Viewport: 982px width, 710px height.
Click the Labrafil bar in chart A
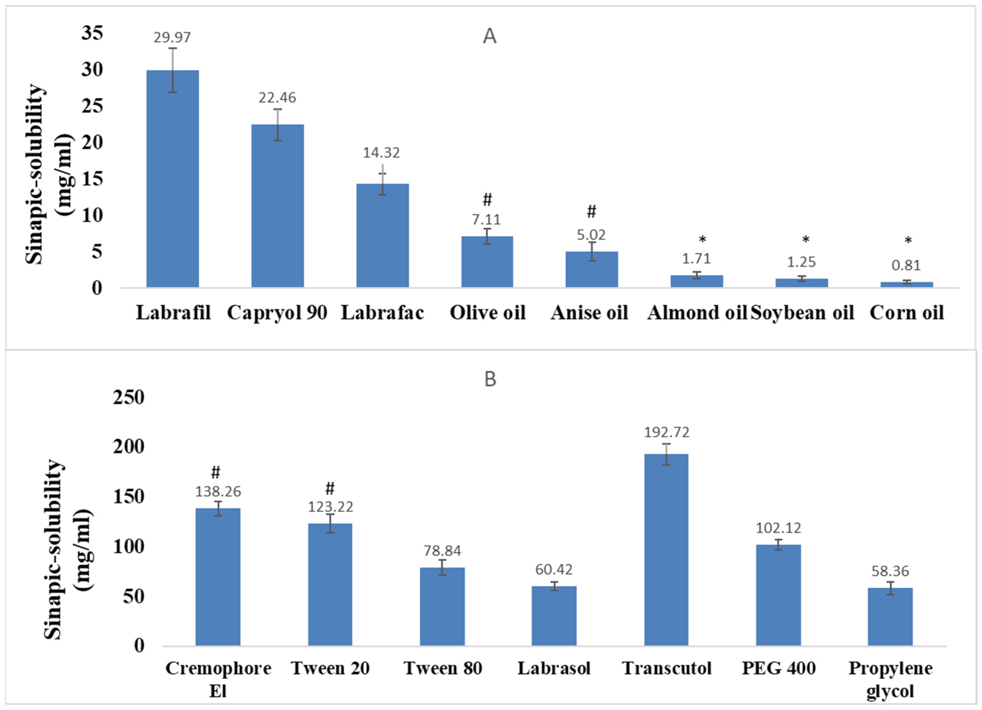[x=173, y=179]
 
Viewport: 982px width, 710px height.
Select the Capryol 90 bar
[x=278, y=206]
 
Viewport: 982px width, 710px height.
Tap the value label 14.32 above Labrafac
[x=381, y=152]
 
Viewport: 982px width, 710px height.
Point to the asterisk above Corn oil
[x=908, y=241]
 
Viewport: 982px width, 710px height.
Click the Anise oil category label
[x=589, y=313]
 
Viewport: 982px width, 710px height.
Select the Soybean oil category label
[x=802, y=313]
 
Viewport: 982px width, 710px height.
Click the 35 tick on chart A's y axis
[x=92, y=33]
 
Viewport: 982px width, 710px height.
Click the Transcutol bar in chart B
[x=666, y=550]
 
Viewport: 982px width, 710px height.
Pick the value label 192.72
[x=666, y=432]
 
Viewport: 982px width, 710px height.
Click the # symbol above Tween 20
[x=330, y=489]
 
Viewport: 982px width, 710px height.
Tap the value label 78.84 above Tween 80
[x=442, y=551]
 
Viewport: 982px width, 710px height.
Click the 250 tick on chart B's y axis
[x=128, y=398]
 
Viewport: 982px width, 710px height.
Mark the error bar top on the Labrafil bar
[x=173, y=48]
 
